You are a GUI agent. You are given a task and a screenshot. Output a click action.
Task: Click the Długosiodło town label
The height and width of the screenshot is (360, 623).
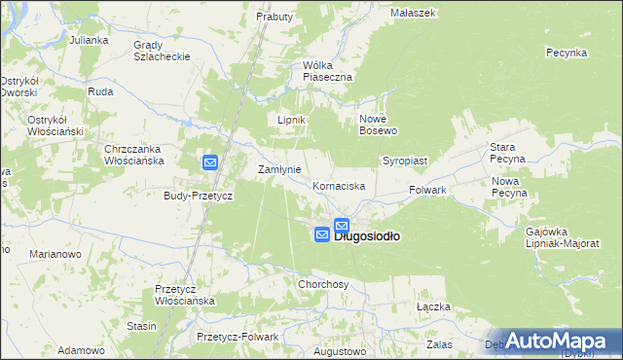tap(369, 235)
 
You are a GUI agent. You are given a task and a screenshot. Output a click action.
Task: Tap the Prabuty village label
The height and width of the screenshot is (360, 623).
tap(275, 17)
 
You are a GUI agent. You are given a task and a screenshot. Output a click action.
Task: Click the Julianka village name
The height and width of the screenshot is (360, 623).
tap(89, 41)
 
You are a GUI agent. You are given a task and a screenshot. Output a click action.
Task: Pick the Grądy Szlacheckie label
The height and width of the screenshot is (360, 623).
tap(161, 52)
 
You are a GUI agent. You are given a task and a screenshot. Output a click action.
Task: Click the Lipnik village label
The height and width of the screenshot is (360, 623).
tap(292, 120)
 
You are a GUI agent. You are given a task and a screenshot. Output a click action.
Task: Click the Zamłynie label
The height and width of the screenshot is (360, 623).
tap(277, 169)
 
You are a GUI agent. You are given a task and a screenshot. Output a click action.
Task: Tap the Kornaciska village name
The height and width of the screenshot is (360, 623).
tap(339, 185)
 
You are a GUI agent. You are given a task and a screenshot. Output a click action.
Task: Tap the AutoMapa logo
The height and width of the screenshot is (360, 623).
tap(566, 341)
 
